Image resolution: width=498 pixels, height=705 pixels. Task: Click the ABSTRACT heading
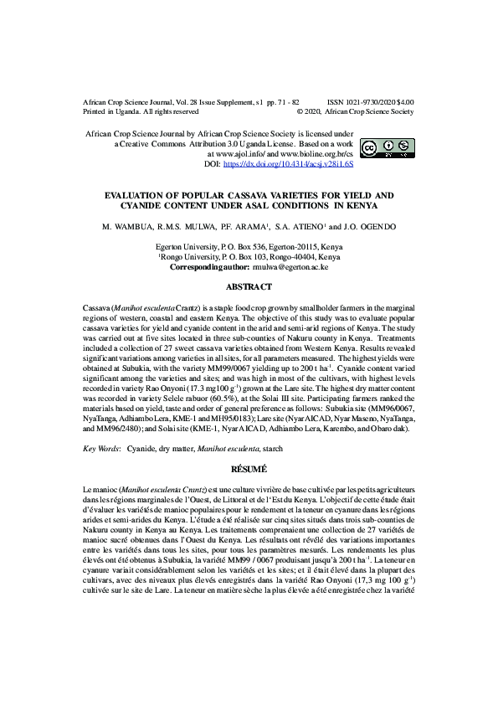pos(249,287)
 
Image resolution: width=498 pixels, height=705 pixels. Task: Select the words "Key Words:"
pos(102,449)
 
